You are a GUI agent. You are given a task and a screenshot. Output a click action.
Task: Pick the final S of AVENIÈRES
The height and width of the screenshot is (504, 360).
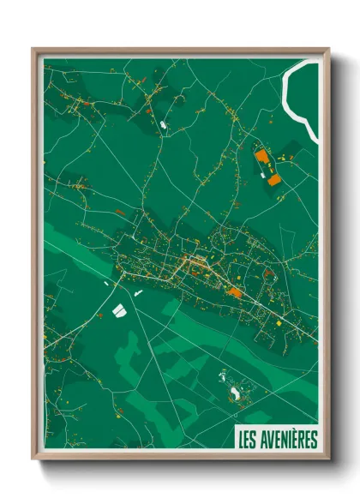pos(313,440)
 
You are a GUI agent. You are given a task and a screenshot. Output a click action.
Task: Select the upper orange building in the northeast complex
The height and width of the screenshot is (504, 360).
pos(261,157)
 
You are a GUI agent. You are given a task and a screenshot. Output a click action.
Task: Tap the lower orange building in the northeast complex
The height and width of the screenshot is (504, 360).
pos(274,180)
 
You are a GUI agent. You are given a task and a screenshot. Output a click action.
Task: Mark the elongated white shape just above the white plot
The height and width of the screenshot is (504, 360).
pos(137,293)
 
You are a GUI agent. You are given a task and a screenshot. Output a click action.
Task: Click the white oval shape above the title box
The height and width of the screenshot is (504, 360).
pos(235,393)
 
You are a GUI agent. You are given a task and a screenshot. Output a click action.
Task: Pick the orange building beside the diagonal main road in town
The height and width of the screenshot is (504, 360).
pos(234,292)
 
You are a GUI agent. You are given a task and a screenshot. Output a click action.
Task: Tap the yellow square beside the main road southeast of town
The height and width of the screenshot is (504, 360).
pos(278,323)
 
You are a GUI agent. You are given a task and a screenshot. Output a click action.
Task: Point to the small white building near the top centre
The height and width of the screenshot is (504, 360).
pos(163,126)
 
